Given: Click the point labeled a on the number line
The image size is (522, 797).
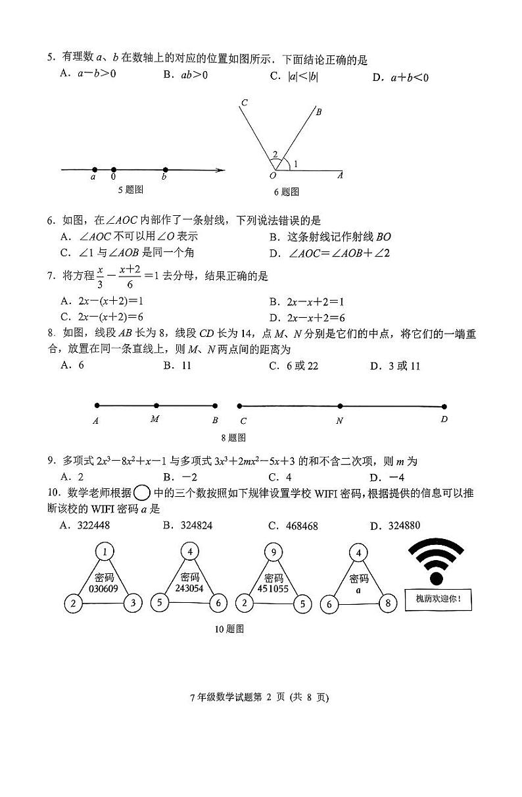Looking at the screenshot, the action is click(x=95, y=169).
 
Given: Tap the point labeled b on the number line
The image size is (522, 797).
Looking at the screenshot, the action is click(x=164, y=169).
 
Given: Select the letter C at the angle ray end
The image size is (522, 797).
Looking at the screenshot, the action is click(x=244, y=103).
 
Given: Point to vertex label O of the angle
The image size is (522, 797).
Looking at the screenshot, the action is click(x=273, y=176).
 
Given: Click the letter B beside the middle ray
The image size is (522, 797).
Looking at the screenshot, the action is click(x=318, y=112).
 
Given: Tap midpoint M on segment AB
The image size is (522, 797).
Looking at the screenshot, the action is click(x=156, y=406).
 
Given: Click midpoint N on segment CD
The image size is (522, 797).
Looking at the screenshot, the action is click(x=340, y=406).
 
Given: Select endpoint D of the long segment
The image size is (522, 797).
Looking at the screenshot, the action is click(x=444, y=407).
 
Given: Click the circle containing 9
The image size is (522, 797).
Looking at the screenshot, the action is click(x=273, y=552).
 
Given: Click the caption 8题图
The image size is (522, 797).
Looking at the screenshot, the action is click(x=233, y=437).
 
